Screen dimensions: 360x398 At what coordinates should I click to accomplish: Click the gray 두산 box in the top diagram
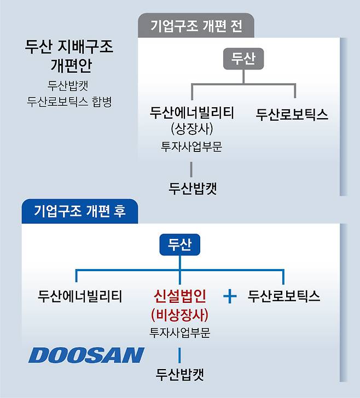point(243,58)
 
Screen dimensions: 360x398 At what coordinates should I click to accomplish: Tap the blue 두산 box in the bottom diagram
point(180,244)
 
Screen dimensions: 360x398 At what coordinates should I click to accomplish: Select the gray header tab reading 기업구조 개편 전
point(196,26)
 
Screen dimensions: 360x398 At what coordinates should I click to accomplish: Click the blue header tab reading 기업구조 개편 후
point(80,211)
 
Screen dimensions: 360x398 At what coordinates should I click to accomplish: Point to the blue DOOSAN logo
point(86,355)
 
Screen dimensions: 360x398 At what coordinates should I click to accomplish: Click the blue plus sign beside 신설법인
point(230,296)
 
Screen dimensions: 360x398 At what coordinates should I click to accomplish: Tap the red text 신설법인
point(180,296)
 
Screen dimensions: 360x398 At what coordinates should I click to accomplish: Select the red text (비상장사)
point(180,315)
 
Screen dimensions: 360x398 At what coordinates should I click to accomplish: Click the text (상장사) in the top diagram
point(192,128)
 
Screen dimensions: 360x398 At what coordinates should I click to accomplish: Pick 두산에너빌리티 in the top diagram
point(192,113)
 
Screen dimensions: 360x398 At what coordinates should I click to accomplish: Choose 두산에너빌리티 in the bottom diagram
point(80,296)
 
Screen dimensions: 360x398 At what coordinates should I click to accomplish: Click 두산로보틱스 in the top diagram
point(292,114)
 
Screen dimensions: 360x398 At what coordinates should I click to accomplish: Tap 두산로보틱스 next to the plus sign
point(284,296)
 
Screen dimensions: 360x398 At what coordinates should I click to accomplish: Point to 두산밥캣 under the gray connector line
point(193,188)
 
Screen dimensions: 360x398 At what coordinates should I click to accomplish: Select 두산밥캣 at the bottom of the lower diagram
point(180,374)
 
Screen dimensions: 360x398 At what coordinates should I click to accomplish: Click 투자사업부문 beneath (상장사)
point(191,147)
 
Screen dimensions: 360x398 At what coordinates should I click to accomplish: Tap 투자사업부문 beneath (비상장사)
point(180,333)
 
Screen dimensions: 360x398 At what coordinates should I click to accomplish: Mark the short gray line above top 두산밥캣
point(191,169)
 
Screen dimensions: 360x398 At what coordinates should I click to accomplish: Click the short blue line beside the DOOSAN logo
point(179,355)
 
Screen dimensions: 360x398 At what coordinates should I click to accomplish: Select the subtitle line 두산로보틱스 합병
point(69,102)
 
